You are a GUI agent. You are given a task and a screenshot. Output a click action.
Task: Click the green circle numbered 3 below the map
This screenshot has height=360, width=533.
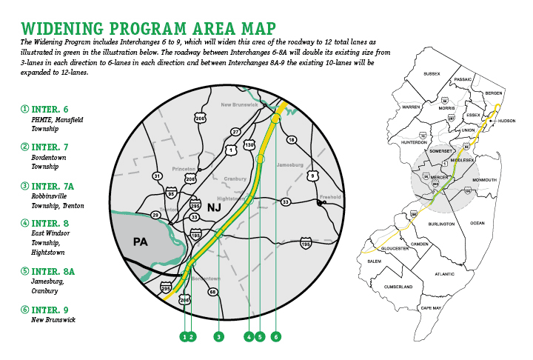click(x=218, y=337)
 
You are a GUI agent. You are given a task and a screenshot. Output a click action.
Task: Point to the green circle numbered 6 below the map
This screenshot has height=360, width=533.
click(x=276, y=337)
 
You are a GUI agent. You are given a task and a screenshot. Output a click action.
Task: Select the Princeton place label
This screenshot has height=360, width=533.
click(x=183, y=168)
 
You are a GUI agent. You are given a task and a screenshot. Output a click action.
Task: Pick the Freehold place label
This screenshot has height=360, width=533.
click(x=329, y=197)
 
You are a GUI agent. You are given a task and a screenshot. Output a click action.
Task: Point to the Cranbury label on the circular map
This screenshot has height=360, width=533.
click(x=235, y=179)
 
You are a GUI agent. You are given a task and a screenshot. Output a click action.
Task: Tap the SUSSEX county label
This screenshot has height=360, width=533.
click(x=432, y=74)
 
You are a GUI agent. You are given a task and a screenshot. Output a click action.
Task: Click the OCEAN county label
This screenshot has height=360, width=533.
click(x=477, y=222)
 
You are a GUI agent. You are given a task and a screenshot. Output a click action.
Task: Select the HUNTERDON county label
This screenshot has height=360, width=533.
click(x=415, y=141)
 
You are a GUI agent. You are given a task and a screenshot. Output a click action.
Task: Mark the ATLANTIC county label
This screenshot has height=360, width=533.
click(x=446, y=274)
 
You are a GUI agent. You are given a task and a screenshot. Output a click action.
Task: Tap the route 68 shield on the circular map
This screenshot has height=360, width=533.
click(x=213, y=292)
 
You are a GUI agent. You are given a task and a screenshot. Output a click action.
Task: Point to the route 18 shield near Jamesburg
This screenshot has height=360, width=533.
click(x=291, y=139)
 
